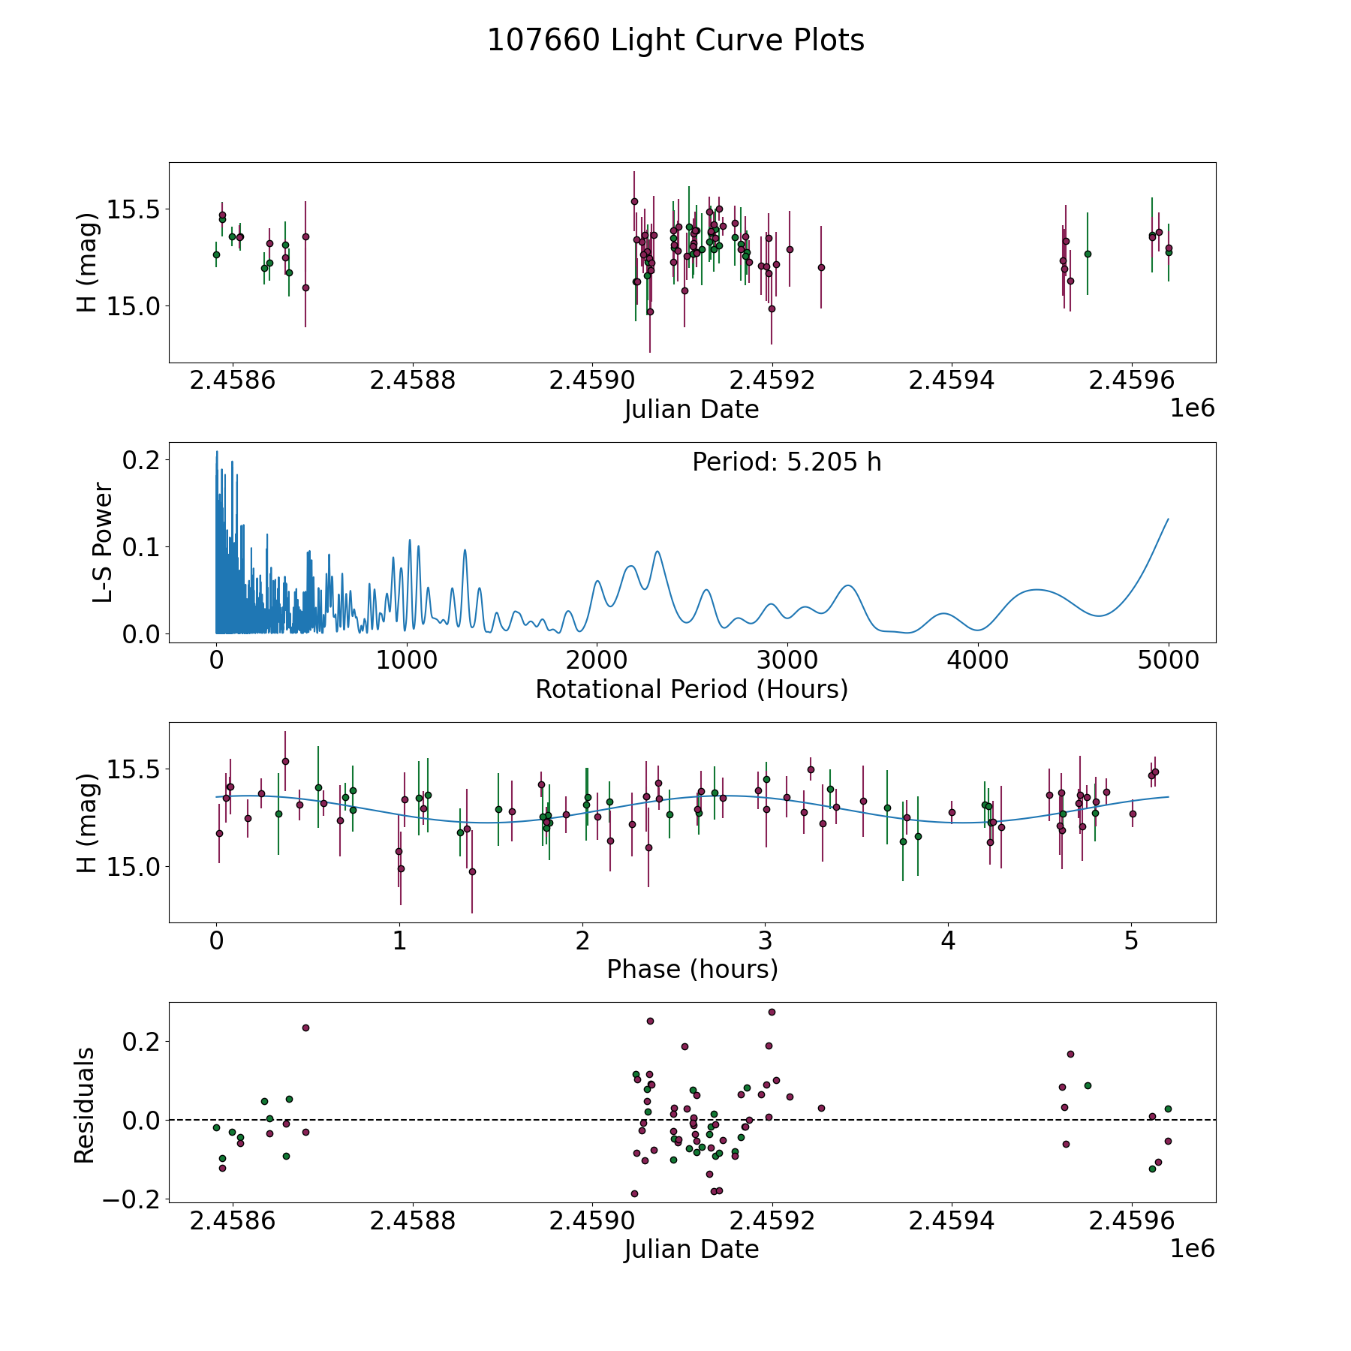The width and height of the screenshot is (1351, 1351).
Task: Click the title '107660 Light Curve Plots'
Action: click(675, 41)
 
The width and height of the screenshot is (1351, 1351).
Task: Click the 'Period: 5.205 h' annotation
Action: click(787, 462)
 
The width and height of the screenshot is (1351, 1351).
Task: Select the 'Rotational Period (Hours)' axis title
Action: click(691, 689)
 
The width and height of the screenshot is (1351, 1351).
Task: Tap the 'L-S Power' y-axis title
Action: click(103, 543)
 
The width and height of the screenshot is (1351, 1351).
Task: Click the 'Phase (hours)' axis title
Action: click(692, 969)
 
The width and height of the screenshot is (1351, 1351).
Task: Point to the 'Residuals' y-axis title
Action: click(85, 1105)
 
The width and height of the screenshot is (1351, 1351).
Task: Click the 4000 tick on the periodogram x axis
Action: click(978, 660)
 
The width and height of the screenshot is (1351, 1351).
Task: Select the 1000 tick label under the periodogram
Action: click(407, 660)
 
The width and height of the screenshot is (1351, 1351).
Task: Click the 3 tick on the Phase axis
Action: click(765, 940)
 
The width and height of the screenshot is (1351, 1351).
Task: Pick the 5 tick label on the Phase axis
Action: click(1131, 940)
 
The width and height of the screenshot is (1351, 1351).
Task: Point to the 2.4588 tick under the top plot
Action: click(412, 381)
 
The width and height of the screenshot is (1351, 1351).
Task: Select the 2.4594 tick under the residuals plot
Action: click(952, 1221)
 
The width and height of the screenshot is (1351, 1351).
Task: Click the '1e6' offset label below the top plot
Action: click(1192, 408)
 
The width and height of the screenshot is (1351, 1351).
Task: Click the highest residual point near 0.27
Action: click(772, 1012)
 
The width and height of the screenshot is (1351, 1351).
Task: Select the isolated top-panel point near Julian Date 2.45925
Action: click(821, 267)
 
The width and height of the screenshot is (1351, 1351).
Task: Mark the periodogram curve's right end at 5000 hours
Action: click(1168, 519)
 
